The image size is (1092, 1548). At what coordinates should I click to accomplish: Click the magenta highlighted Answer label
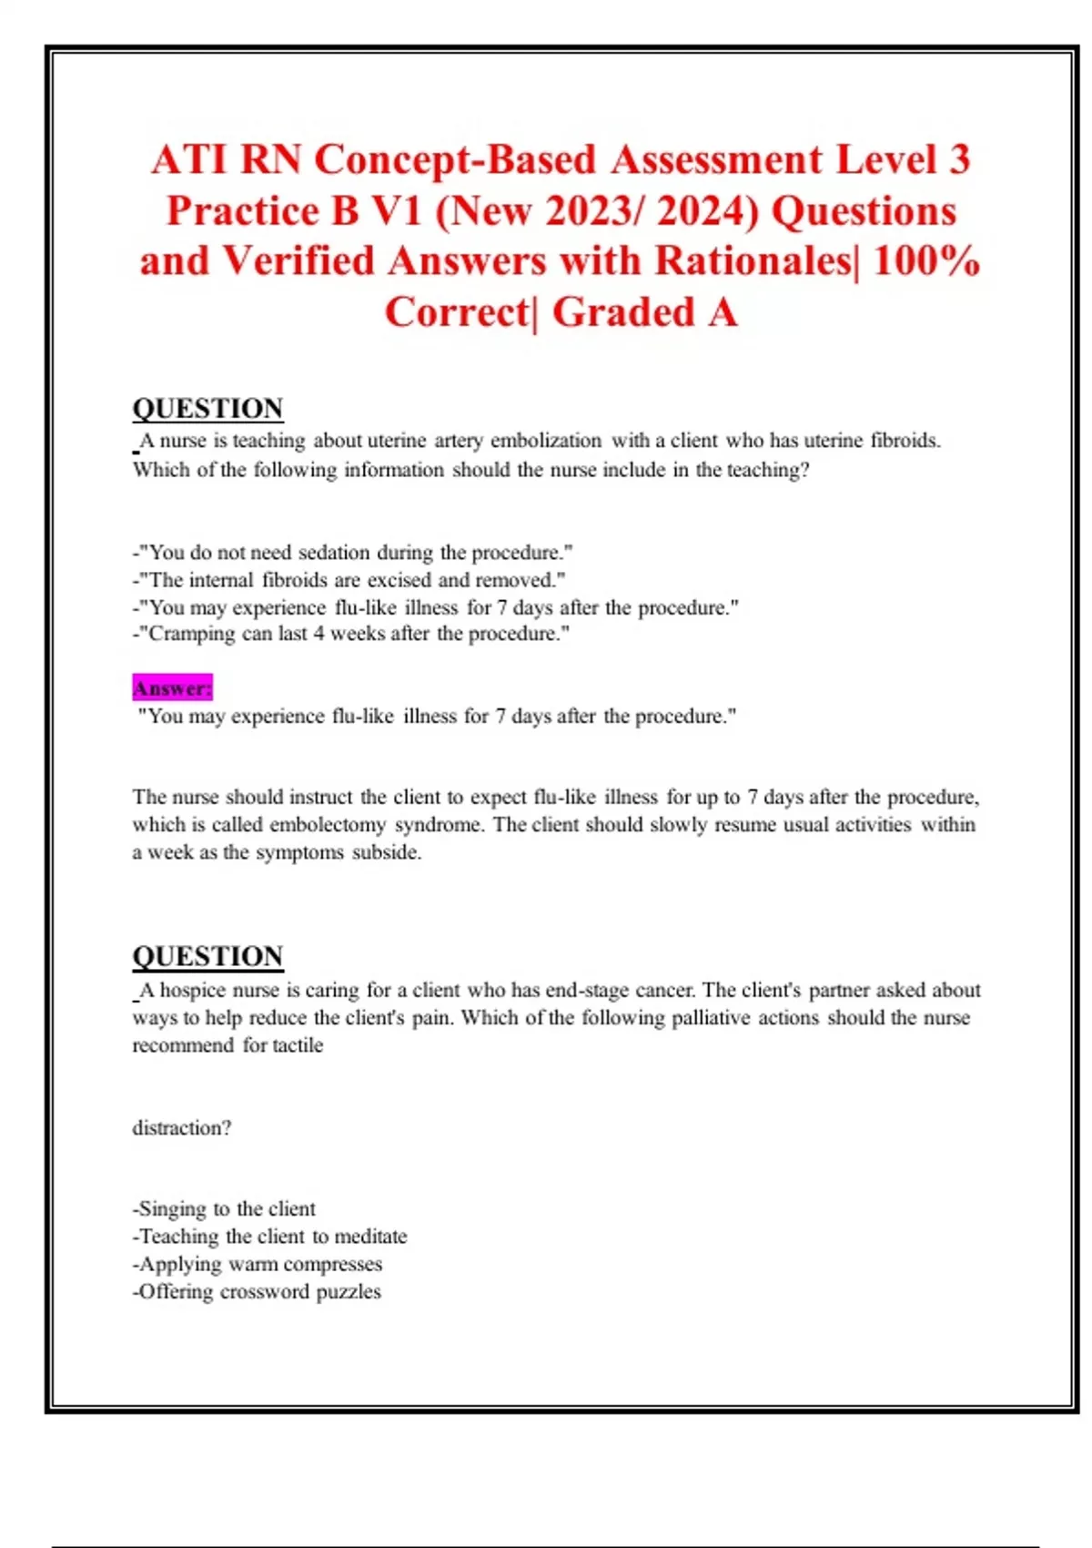click(172, 688)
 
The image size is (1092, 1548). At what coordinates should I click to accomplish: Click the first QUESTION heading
click(207, 409)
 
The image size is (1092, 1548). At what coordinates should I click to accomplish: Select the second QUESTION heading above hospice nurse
click(207, 956)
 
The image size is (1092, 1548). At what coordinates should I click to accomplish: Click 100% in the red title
click(925, 261)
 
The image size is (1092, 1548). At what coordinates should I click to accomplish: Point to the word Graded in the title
click(623, 312)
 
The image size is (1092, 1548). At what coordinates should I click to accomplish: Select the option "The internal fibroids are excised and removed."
click(349, 580)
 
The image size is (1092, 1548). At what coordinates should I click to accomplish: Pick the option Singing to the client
click(225, 1209)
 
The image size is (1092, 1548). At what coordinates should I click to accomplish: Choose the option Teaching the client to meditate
click(270, 1237)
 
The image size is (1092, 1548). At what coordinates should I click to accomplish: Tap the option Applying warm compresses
click(258, 1264)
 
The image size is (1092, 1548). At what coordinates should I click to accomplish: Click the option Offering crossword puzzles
click(257, 1291)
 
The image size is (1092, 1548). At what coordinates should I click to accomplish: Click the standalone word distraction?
click(182, 1128)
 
